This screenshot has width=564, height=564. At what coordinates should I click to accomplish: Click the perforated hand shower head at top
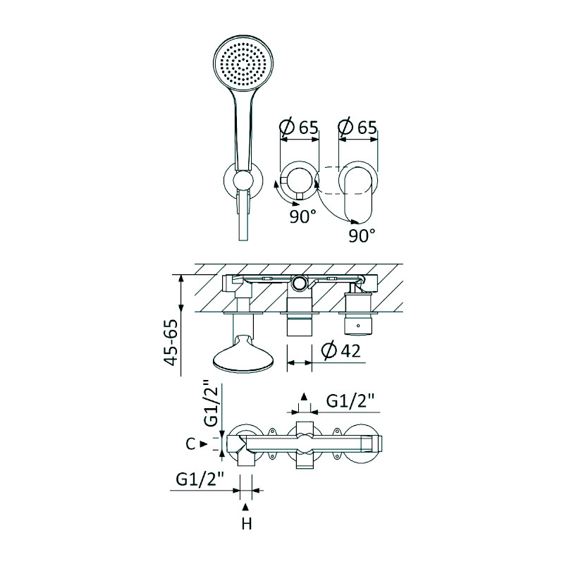tap(243, 65)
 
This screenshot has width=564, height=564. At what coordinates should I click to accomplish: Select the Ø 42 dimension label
tap(341, 350)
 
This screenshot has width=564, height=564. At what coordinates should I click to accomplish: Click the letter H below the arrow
tap(246, 524)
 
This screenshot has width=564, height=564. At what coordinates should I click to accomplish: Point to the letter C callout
tap(190, 444)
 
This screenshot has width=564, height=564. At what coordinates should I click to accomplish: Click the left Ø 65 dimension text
tap(299, 127)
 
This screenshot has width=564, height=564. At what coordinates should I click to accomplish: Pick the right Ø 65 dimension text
tap(357, 127)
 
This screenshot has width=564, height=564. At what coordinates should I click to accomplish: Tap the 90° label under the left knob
tap(303, 216)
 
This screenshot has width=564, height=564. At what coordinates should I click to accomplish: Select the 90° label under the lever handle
tap(362, 235)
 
